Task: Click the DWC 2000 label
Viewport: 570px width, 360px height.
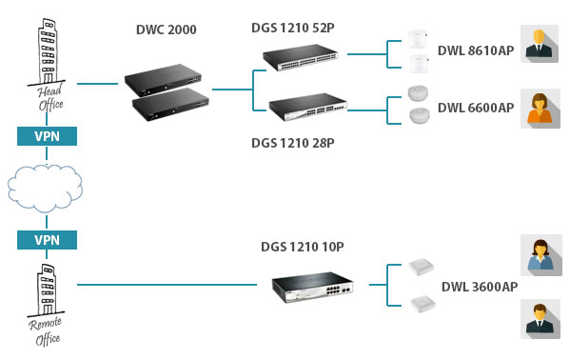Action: pos(167,30)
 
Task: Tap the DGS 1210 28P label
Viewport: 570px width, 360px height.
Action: pos(292,142)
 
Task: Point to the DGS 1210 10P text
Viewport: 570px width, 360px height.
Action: pos(302,247)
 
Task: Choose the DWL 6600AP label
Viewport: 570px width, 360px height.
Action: pos(475,108)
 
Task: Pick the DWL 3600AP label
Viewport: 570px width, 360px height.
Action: pos(480,286)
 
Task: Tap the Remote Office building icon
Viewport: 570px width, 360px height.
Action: pos(43,285)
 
